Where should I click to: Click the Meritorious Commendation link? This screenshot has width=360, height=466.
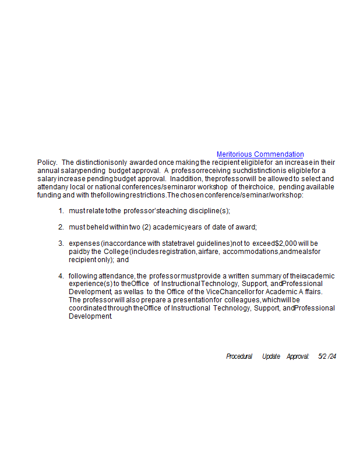(x=260, y=154)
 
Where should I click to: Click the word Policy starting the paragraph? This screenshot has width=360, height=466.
(x=47, y=163)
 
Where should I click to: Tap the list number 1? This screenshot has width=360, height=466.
(x=61, y=210)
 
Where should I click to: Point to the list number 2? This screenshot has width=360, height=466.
(x=61, y=227)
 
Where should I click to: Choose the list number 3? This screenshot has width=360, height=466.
(x=61, y=243)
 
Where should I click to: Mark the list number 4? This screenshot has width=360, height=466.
(x=61, y=276)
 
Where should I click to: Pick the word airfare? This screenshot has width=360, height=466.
(x=209, y=251)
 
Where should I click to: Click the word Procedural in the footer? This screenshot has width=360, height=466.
(x=239, y=356)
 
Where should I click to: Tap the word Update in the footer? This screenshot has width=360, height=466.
(x=271, y=356)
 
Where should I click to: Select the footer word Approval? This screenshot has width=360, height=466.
(x=298, y=356)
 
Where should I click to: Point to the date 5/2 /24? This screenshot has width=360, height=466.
(x=327, y=356)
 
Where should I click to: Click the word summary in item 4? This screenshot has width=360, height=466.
(x=267, y=276)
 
